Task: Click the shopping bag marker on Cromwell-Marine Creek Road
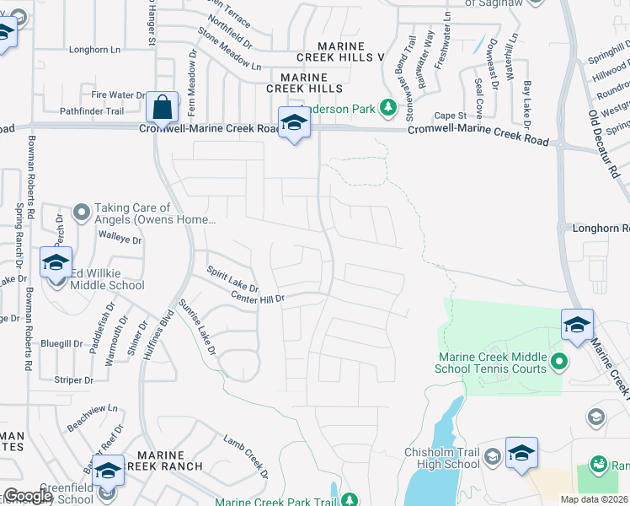click(162, 108)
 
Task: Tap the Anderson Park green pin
click(388, 108)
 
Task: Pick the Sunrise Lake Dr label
click(198, 327)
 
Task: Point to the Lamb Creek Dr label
click(245, 455)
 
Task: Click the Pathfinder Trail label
click(92, 111)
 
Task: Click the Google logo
click(27, 496)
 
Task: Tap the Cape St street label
click(451, 116)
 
